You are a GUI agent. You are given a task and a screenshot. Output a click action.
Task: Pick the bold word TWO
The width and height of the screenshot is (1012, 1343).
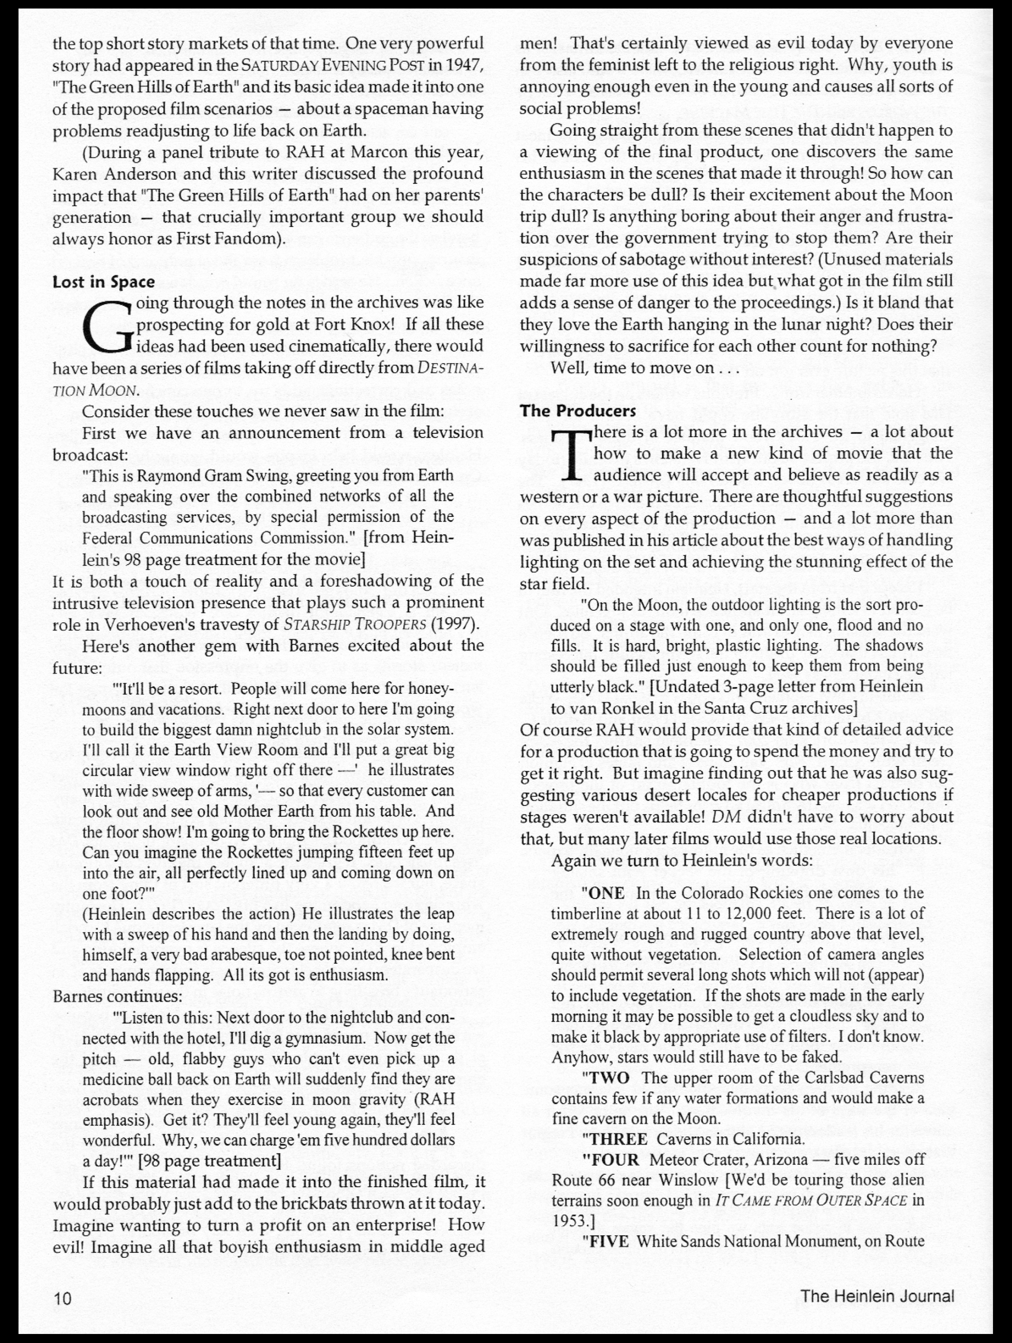click(609, 1078)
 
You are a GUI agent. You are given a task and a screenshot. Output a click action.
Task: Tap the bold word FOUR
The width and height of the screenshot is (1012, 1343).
click(614, 1159)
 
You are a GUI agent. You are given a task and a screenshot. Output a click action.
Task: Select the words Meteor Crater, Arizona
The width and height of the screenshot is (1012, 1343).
click(728, 1159)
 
